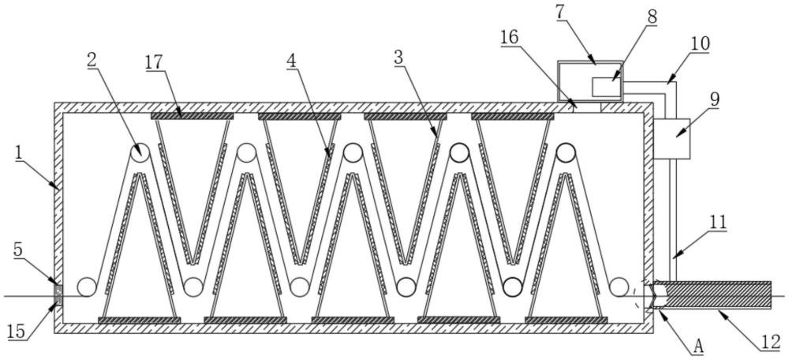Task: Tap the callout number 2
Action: pos(91,59)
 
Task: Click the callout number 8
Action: pos(652,17)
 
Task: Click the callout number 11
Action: pos(719,222)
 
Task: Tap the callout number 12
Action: pos(772,343)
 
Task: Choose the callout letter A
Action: pos(697,347)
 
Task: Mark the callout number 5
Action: pos(17,249)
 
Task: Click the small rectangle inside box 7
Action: pos(606,87)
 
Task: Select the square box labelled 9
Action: pos(671,138)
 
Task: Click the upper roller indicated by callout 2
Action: pos(140,152)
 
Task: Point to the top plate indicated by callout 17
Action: pos(193,116)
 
